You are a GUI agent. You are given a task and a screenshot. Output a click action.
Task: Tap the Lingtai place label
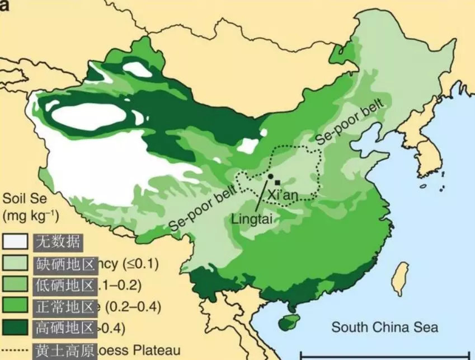(252, 219)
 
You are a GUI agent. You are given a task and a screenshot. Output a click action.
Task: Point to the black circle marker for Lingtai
(270, 176)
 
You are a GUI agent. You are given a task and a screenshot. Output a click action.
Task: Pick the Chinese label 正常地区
(65, 306)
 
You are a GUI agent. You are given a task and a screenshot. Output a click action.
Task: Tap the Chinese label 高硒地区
(65, 328)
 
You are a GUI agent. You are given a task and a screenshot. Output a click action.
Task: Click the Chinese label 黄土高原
(65, 349)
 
